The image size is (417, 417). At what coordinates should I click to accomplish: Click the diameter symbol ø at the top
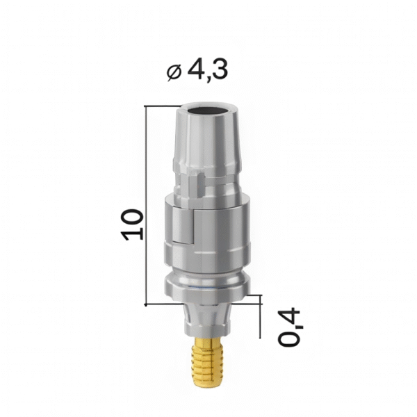[x=174, y=70]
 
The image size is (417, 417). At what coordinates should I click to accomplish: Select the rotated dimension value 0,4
[x=291, y=327]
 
